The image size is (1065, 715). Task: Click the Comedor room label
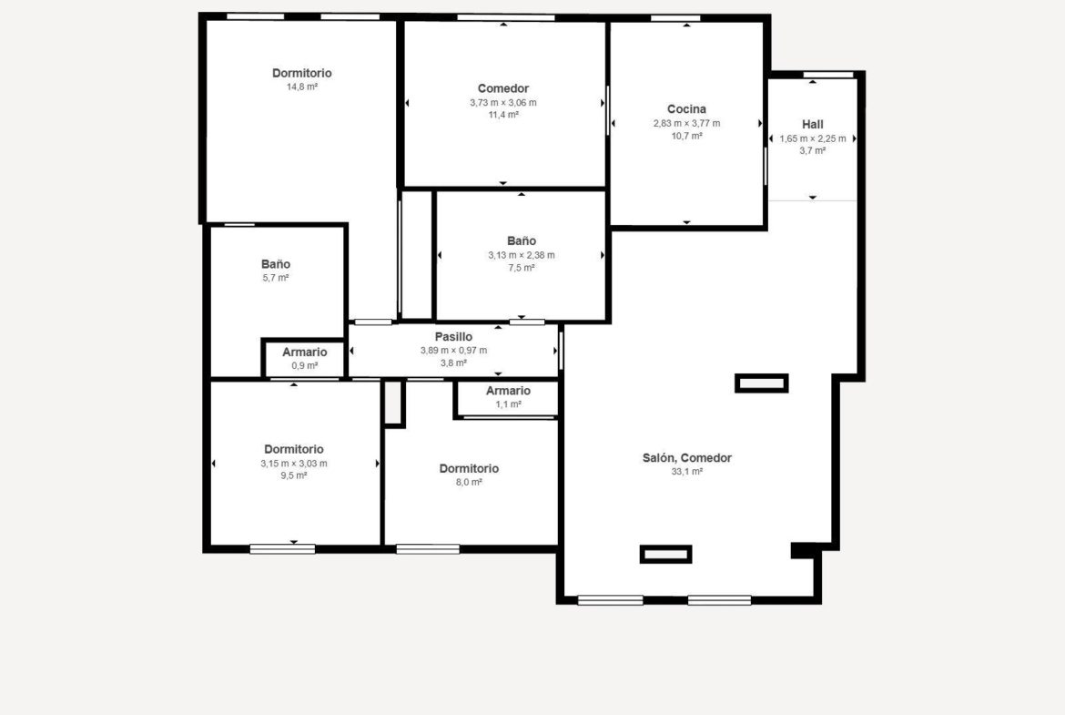click(502, 88)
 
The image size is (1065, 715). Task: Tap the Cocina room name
click(686, 108)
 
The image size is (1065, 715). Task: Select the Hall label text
click(812, 125)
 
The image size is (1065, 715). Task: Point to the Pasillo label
click(453, 336)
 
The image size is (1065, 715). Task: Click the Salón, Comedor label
click(686, 458)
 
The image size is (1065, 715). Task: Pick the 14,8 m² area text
click(302, 87)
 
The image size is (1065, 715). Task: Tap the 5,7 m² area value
click(276, 278)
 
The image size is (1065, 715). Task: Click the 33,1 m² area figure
click(686, 472)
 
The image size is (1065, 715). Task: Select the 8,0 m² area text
click(469, 483)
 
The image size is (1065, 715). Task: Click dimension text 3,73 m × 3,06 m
click(502, 103)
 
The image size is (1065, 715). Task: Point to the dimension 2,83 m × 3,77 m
click(686, 123)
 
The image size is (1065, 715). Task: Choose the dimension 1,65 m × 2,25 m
click(812, 138)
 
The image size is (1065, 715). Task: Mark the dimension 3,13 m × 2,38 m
click(521, 256)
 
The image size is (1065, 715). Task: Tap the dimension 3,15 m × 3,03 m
click(293, 464)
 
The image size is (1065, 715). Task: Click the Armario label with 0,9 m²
click(304, 352)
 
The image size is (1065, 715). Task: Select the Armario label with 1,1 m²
click(508, 391)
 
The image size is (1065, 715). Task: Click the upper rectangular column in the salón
click(761, 383)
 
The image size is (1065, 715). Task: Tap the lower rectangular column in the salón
click(665, 555)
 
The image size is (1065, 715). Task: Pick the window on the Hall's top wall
click(828, 74)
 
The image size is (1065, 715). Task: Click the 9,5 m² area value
click(293, 475)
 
